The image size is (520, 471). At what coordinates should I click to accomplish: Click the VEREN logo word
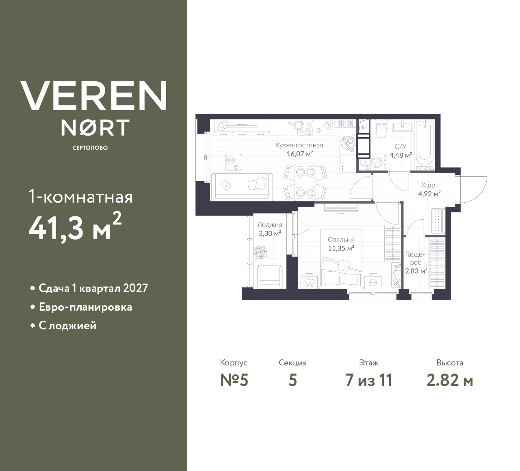coord(94,95)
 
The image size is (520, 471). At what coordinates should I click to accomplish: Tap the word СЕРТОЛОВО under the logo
coord(90,148)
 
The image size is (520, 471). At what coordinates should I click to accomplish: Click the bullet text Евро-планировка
coord(85,307)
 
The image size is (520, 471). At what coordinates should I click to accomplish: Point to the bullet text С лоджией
coord(67,326)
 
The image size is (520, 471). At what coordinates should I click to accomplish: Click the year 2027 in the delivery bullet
coord(135,288)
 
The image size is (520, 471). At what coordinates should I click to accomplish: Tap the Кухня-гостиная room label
coord(299,145)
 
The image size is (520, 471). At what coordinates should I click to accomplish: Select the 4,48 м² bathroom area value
coord(401,155)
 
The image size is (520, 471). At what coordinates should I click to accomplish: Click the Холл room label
coord(429,185)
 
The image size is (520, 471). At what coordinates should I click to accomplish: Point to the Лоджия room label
coord(269,225)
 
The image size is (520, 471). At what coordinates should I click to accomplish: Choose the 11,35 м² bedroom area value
coord(341,248)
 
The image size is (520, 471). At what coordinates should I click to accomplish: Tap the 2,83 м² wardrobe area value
coord(416,271)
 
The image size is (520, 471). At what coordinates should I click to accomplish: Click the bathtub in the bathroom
coord(425,145)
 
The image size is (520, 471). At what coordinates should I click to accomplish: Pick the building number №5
coord(234,380)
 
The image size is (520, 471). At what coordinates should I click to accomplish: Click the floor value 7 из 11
coord(368,380)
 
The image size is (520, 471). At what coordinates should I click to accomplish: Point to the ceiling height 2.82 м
coord(450,380)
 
